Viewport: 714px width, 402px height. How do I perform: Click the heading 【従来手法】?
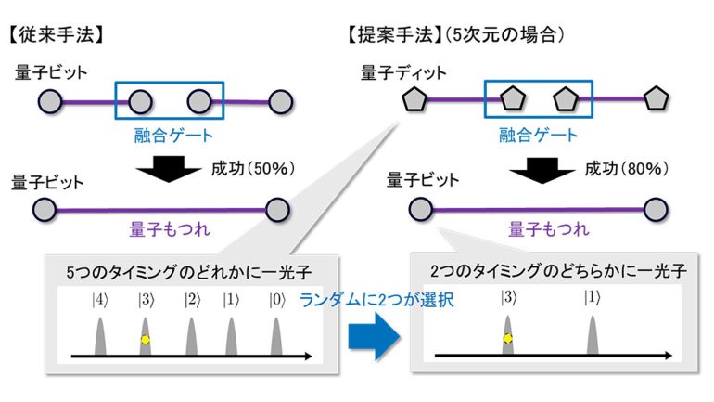point(56,34)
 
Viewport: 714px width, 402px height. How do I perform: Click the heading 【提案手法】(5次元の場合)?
point(455,34)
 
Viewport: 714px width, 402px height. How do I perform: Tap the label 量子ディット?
point(403,72)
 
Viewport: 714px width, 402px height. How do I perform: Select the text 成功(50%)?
point(253,169)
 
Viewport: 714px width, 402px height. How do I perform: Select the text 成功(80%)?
point(627,169)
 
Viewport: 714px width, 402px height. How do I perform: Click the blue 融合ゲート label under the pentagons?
point(538,135)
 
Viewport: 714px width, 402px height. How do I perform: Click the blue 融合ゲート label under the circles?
point(173,136)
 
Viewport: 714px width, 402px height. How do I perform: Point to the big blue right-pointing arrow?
point(375,336)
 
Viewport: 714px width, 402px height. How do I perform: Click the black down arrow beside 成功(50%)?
point(169,169)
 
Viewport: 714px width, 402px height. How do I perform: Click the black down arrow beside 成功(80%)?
point(542,171)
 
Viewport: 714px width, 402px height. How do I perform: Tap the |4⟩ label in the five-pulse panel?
point(100,300)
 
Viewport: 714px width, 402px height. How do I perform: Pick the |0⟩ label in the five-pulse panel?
point(277,300)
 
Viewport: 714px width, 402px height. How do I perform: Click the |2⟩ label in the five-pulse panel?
point(192,300)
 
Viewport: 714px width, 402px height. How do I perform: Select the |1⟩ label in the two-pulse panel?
point(593,298)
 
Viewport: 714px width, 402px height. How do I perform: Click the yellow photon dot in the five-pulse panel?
point(146,340)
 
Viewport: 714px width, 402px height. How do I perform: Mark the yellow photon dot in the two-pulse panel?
point(508,339)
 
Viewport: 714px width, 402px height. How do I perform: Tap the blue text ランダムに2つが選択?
point(376,300)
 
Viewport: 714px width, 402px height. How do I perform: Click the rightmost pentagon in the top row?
point(656,98)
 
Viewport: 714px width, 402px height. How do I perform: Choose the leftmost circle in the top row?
point(50,101)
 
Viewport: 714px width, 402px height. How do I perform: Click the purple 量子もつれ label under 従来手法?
point(170,228)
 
